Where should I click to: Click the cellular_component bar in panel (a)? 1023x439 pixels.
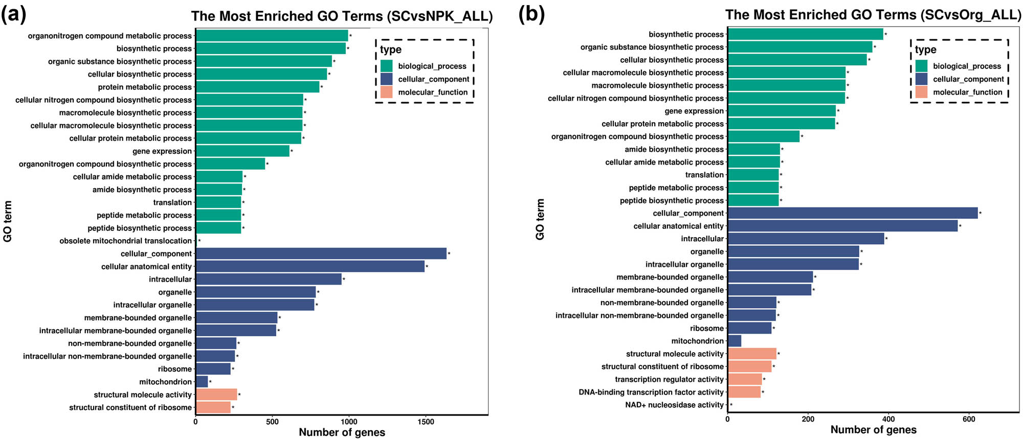click(321, 253)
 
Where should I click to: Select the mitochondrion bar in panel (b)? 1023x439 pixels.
click(734, 341)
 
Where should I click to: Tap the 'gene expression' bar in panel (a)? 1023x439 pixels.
click(242, 151)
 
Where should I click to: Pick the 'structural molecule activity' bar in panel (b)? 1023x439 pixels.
click(752, 354)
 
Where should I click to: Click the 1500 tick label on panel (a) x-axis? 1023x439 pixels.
click(426, 422)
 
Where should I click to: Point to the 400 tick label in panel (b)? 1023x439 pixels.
click(888, 419)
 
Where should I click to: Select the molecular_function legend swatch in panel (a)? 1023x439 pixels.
click(387, 92)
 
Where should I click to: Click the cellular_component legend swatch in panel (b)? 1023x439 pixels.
click(921, 79)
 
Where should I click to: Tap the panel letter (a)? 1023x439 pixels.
click(13, 14)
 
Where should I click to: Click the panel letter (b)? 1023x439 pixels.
click(531, 14)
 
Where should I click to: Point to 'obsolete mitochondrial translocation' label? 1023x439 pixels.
click(125, 241)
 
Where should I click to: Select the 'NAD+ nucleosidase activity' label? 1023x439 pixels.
click(674, 405)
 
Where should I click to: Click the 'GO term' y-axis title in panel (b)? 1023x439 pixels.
click(540, 219)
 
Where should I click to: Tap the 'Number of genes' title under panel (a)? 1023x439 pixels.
click(342, 432)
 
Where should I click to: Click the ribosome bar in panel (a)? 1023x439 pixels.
click(213, 369)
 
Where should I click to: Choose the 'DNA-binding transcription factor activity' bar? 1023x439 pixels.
click(744, 392)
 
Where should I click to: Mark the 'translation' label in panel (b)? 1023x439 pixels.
click(704, 175)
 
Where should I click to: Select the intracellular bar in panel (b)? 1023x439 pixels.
click(806, 239)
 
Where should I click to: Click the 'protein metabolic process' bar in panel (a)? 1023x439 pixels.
click(257, 87)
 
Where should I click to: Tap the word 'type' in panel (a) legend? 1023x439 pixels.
click(390, 50)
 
